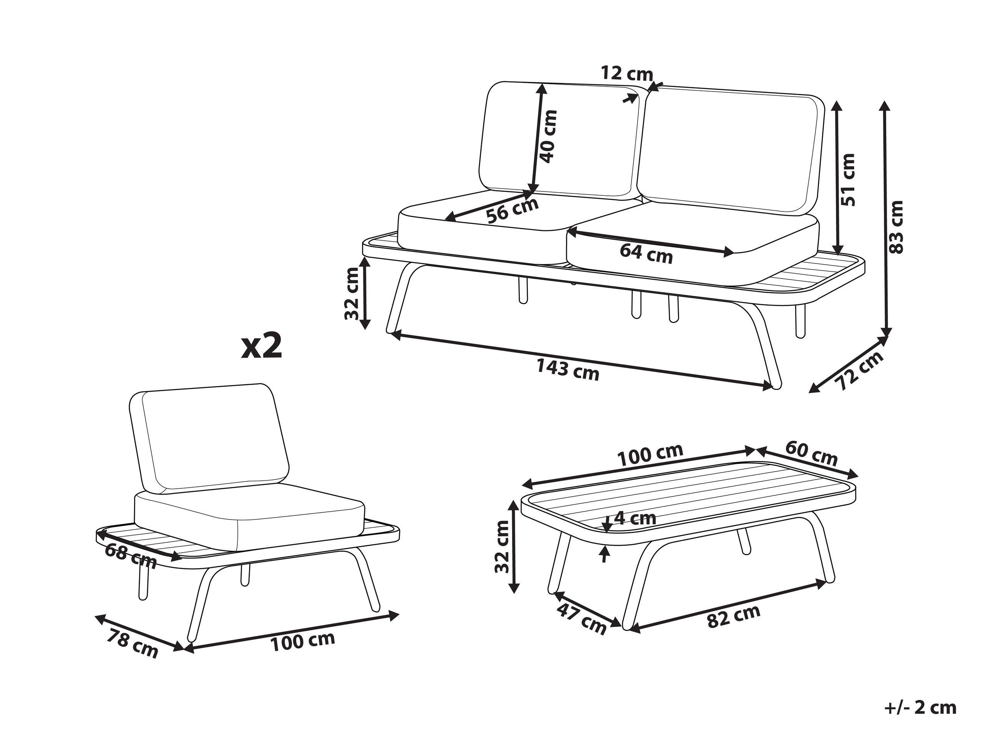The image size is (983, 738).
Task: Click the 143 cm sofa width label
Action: [x=567, y=370]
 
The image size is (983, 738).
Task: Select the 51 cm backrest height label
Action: [x=848, y=179]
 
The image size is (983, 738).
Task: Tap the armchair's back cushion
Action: [x=209, y=438]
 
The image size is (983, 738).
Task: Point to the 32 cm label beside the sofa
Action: [x=352, y=293]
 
